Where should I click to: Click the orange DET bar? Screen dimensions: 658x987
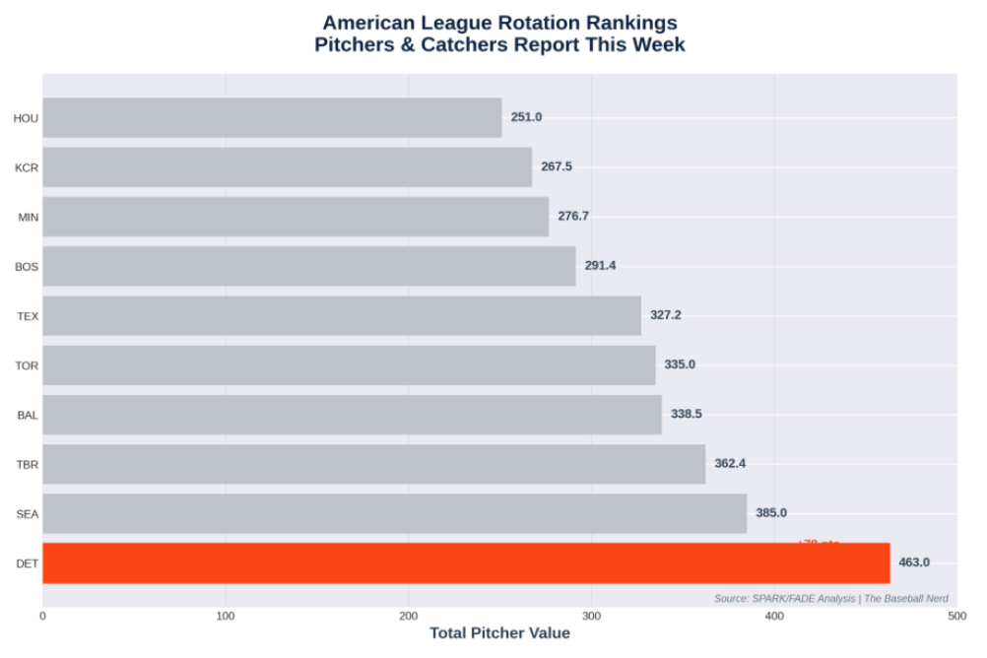[466, 562]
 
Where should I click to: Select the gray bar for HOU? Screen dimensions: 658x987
[272, 117]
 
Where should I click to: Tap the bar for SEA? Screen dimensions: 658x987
[394, 513]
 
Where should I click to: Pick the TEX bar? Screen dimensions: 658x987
[342, 315]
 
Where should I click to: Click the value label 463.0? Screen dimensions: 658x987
[914, 562]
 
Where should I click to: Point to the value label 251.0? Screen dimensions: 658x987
[526, 117]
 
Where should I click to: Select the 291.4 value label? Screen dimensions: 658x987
[600, 266]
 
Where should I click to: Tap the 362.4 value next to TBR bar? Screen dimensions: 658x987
[730, 463]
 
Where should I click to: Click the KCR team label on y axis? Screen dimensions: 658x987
[27, 167]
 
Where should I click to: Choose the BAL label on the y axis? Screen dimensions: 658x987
[28, 415]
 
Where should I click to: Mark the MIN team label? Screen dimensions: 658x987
[28, 217]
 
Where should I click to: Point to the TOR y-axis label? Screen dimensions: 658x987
[27, 365]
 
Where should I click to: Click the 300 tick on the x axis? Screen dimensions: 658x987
[591, 616]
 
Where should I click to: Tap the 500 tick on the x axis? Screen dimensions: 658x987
[956, 616]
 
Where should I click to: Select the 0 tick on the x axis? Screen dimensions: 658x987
[42, 616]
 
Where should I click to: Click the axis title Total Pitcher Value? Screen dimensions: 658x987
[499, 633]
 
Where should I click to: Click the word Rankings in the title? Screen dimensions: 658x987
[628, 22]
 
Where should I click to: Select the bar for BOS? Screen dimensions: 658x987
[308, 266]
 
